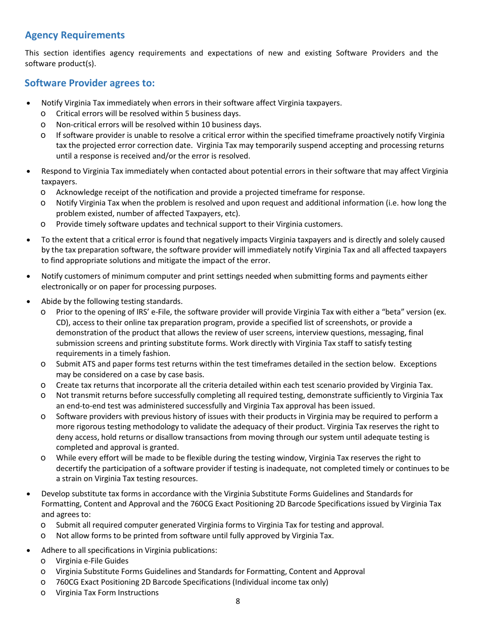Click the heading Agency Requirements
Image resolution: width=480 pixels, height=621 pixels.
click(75, 35)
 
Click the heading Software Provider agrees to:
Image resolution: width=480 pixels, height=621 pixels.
click(89, 83)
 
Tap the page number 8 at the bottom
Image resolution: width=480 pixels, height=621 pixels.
click(237, 601)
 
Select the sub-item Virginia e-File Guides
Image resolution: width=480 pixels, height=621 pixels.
click(92, 561)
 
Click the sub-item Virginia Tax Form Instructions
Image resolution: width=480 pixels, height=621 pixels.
click(107, 593)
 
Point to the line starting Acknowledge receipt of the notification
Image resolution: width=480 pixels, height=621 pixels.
click(210, 192)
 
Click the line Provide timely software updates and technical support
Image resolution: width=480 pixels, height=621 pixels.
click(199, 224)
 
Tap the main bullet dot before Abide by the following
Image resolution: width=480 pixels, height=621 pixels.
click(28, 302)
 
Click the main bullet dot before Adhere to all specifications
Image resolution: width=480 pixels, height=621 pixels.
click(28, 550)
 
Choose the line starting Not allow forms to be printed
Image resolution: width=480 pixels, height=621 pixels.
click(195, 536)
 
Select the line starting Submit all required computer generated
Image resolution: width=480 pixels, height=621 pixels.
click(219, 525)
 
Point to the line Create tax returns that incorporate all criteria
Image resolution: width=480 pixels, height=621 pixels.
click(244, 385)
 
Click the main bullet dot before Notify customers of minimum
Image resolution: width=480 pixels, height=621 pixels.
click(28, 277)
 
